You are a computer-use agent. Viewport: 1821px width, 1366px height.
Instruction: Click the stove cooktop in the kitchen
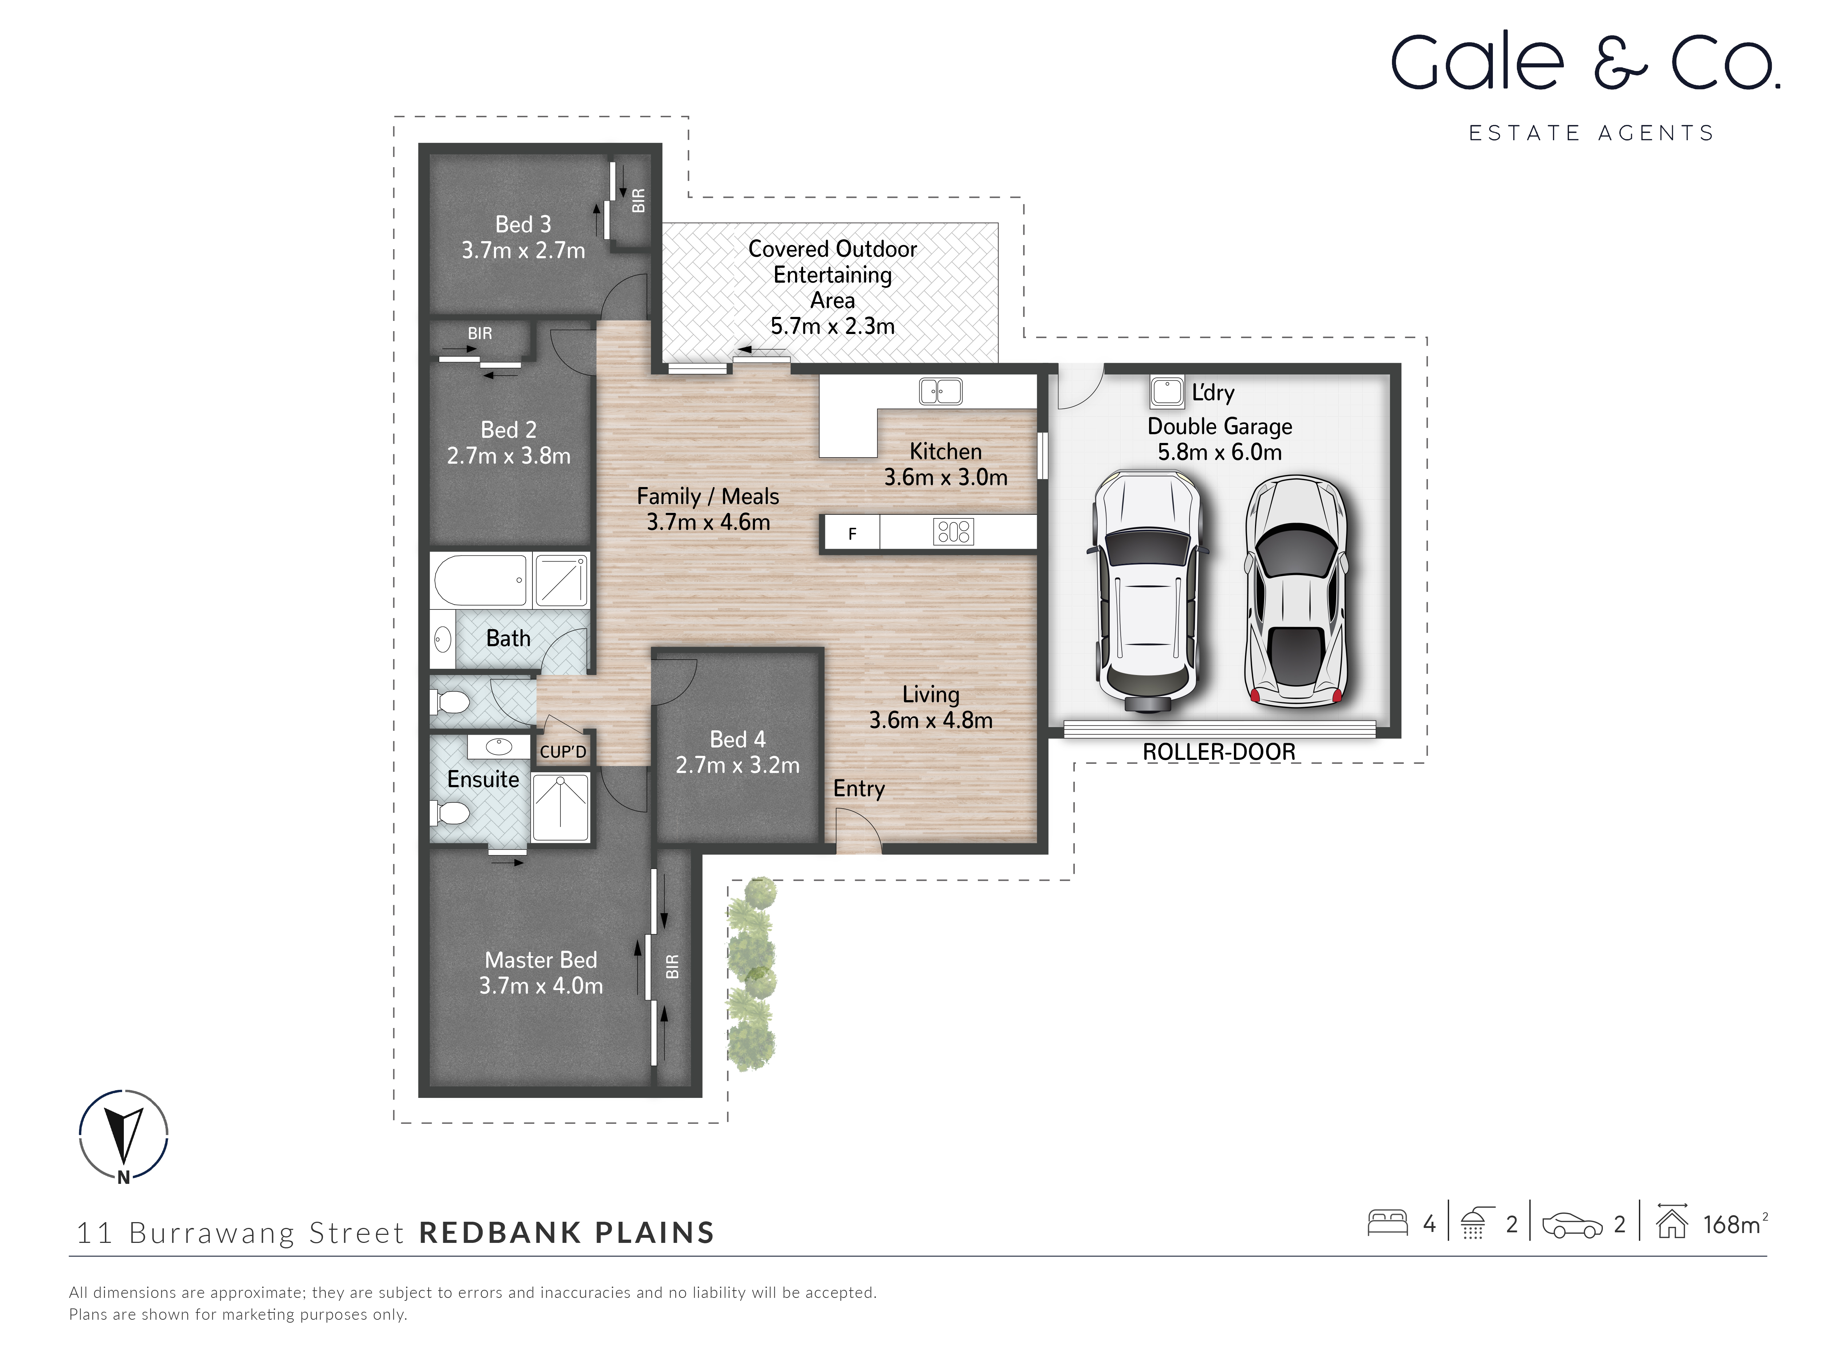click(953, 532)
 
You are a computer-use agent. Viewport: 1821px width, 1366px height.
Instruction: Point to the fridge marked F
click(852, 534)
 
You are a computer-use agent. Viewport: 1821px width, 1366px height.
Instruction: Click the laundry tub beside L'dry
click(1167, 392)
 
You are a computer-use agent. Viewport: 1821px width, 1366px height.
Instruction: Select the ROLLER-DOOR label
click(1218, 752)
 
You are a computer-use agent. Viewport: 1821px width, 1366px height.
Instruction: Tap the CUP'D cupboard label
click(563, 752)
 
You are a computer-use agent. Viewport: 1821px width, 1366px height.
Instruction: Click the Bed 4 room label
click(738, 739)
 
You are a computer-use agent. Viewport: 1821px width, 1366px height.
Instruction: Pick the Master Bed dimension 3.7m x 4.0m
click(541, 986)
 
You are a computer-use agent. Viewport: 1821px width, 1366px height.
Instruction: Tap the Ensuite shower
click(561, 807)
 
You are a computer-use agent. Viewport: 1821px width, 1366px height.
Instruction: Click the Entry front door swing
click(858, 830)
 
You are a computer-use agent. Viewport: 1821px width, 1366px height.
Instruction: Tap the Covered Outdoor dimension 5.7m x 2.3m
click(832, 326)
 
